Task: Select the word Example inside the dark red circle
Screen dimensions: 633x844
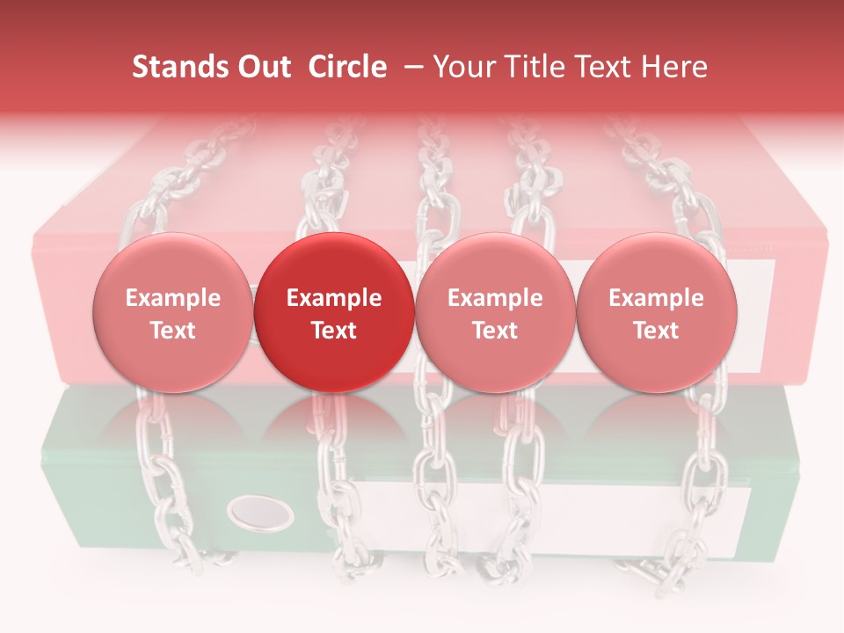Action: click(334, 298)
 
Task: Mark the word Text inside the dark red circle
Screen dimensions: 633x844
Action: click(334, 331)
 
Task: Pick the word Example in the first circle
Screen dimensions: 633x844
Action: click(173, 298)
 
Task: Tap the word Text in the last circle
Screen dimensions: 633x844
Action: click(657, 331)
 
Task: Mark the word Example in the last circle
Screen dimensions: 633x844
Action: click(657, 298)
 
